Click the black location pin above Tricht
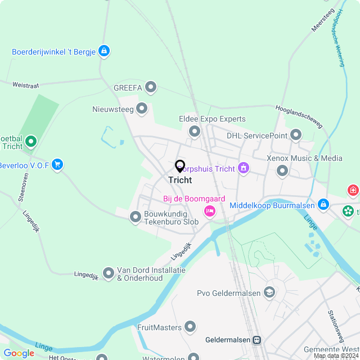click(180, 166)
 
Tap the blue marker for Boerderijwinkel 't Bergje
click(103, 51)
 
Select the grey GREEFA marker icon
click(151, 87)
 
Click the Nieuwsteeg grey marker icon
click(142, 107)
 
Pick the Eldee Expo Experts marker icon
click(195, 131)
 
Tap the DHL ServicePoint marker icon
click(296, 135)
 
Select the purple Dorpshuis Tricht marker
click(244, 168)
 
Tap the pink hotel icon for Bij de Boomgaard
click(209, 211)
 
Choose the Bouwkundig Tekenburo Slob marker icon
click(136, 217)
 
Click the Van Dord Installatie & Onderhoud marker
click(108, 273)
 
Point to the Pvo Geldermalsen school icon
click(269, 292)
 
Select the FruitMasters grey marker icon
click(191, 327)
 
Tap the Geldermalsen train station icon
click(256, 340)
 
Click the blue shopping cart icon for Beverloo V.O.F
click(57, 165)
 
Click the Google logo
click(19, 353)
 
